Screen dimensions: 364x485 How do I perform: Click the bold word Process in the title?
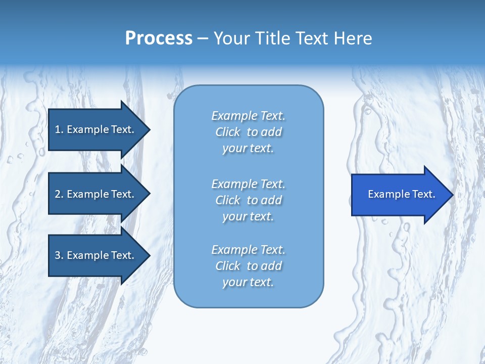(x=159, y=38)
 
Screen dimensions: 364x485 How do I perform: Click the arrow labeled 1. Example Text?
(x=94, y=129)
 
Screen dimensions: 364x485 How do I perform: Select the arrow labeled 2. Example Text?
(x=94, y=194)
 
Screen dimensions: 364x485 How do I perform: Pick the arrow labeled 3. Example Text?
(x=94, y=255)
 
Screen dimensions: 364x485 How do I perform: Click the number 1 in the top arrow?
(x=58, y=129)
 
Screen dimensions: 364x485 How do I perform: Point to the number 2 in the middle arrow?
(x=58, y=194)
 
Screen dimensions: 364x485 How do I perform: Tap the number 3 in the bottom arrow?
(x=58, y=255)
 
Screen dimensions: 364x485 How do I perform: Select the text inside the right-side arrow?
(x=401, y=194)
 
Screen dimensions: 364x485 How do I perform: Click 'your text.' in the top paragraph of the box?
(x=248, y=149)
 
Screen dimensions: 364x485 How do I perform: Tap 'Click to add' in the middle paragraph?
(x=248, y=200)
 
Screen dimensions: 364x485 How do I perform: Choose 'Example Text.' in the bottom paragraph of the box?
(x=248, y=250)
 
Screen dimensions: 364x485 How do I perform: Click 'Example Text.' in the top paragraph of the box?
(x=248, y=116)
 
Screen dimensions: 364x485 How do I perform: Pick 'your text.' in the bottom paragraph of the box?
(x=248, y=283)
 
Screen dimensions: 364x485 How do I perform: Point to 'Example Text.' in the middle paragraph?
(x=248, y=184)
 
